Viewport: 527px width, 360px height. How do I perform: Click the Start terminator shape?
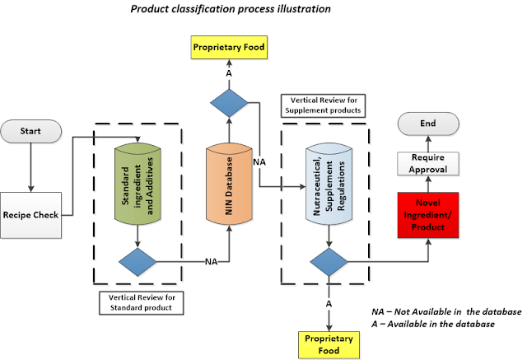point(30,131)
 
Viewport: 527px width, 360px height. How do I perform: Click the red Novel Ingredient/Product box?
point(427,214)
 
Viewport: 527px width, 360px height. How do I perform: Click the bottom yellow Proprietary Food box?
point(329,344)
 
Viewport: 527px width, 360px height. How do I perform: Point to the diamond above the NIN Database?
point(229,104)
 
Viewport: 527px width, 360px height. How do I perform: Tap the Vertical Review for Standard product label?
point(138,302)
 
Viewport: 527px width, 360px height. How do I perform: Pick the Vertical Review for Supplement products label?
point(324,105)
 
